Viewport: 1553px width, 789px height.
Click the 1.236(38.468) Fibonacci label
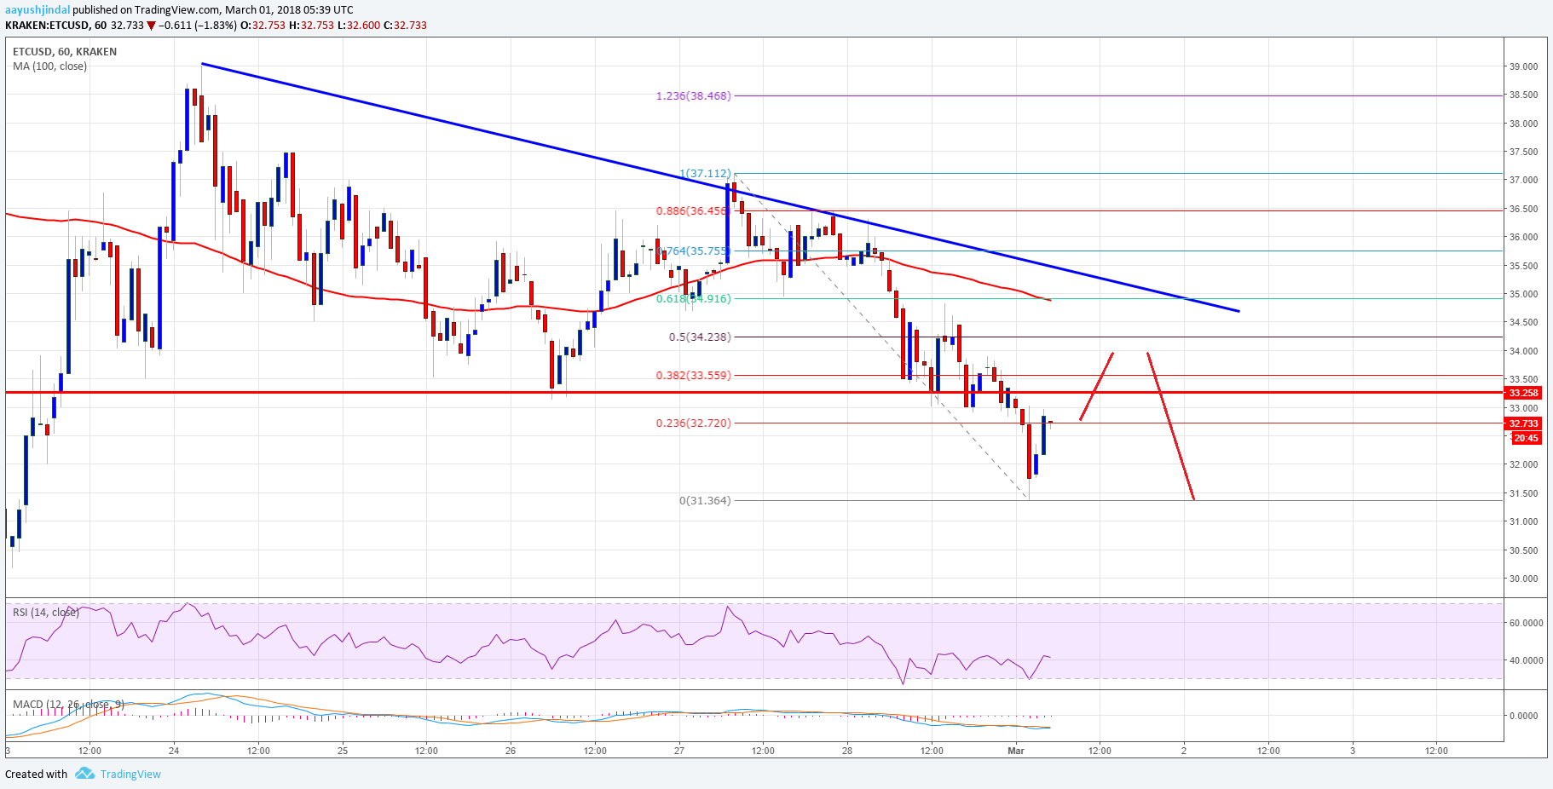pyautogui.click(x=693, y=96)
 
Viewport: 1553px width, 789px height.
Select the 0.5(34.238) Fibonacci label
pyautogui.click(x=699, y=337)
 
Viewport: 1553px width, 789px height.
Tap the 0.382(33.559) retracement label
pyautogui.click(x=693, y=376)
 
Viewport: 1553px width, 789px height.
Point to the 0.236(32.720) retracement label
pyautogui.click(x=693, y=423)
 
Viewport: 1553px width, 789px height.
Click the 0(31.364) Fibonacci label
pyautogui.click(x=704, y=501)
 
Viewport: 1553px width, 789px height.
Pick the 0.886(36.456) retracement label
pyautogui.click(x=692, y=211)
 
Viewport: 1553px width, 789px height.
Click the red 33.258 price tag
pyautogui.click(x=1523, y=393)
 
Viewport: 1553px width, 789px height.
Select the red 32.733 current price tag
pyautogui.click(x=1523, y=423)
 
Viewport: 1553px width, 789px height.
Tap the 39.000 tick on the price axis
pyautogui.click(x=1523, y=66)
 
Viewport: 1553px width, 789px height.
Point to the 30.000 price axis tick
pyautogui.click(x=1523, y=579)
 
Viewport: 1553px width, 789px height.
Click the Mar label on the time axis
pyautogui.click(x=1015, y=751)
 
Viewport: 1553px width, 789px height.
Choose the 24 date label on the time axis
pyautogui.click(x=174, y=751)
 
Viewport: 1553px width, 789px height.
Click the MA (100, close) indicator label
pyautogui.click(x=49, y=66)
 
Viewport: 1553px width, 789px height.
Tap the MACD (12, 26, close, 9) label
pyautogui.click(x=68, y=705)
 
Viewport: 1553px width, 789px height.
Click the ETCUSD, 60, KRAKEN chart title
pyautogui.click(x=65, y=52)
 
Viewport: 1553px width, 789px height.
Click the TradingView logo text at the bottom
pyautogui.click(x=130, y=775)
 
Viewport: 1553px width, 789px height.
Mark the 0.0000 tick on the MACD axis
pyautogui.click(x=1523, y=716)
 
